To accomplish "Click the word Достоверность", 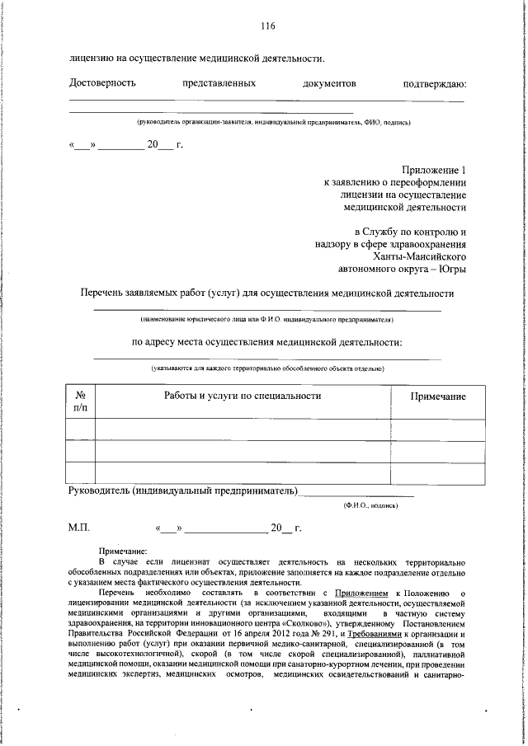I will pyautogui.click(x=103, y=83).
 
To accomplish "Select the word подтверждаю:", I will pyautogui.click(x=435, y=83).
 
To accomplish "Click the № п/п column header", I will pyautogui.click(x=80, y=402).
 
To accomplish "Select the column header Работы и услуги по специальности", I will pyautogui.click(x=243, y=396).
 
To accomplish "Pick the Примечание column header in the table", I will pyautogui.click(x=438, y=396).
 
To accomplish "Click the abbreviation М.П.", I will pyautogui.click(x=80, y=527).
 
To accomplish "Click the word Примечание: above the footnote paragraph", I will pyautogui.click(x=123, y=551).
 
